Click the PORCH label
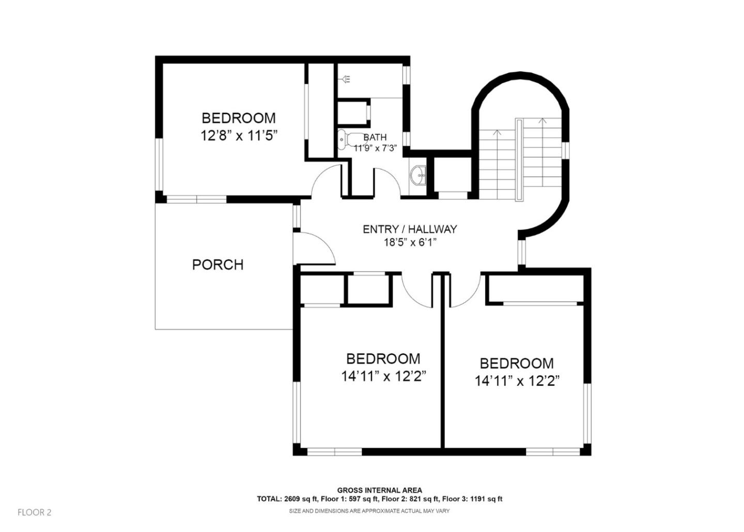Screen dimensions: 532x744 click(218, 265)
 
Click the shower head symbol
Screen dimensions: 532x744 click(345, 79)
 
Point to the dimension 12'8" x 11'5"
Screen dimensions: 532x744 click(239, 136)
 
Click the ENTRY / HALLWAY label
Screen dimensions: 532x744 click(410, 229)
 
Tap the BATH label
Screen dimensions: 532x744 click(375, 138)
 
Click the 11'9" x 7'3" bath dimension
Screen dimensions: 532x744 click(375, 148)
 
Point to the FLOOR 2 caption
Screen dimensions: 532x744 click(35, 512)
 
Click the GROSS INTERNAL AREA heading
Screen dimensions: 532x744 click(380, 490)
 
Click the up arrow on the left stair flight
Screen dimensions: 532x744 click(497, 133)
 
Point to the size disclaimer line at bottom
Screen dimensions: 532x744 click(369, 511)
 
